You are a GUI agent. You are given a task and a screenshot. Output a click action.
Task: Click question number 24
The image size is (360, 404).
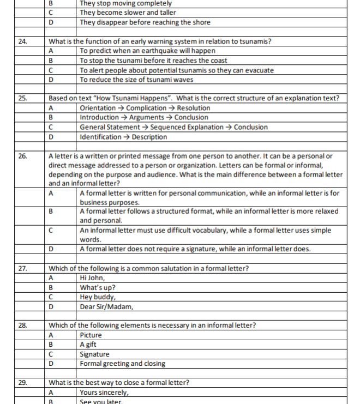(22, 41)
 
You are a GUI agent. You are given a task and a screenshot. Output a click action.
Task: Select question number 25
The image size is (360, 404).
(22, 98)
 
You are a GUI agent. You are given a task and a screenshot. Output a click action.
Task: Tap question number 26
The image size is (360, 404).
(22, 156)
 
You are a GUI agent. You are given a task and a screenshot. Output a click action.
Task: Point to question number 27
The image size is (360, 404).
(22, 268)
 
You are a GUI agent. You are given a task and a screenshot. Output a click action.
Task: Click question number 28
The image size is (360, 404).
(22, 325)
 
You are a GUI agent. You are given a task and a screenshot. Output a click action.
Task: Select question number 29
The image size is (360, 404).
(22, 383)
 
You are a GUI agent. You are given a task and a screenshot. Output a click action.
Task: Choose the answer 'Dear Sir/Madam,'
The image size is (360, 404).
(106, 306)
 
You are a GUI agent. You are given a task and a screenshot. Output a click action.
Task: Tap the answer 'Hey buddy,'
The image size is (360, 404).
(98, 297)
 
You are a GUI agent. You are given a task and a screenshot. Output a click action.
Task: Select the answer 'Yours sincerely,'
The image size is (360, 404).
(104, 392)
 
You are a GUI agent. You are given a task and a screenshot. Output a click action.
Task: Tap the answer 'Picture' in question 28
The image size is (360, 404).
(91, 335)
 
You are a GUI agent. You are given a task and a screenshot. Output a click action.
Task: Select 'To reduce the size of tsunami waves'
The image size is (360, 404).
(136, 80)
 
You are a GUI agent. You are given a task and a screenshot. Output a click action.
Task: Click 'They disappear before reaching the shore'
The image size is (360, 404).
(145, 22)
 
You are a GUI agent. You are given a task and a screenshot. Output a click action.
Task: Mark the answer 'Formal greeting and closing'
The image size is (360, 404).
(123, 364)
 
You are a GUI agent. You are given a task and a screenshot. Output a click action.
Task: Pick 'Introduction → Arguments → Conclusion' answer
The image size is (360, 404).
(144, 117)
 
